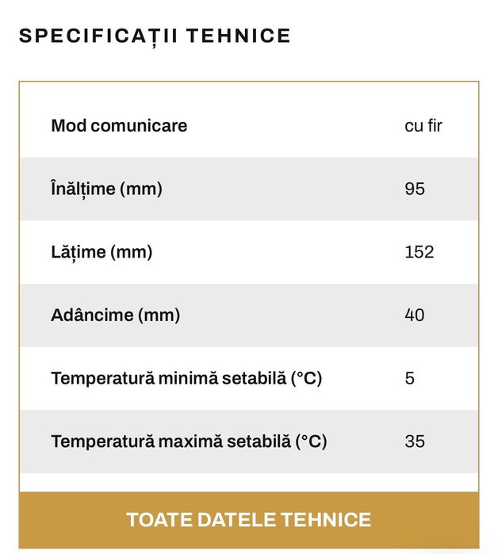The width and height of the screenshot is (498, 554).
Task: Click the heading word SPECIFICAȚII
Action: tap(90, 36)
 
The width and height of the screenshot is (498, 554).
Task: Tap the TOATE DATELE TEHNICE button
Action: tap(248, 520)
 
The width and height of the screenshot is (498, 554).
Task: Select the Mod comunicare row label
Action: tap(119, 125)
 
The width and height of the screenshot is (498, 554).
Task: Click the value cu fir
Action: tap(423, 125)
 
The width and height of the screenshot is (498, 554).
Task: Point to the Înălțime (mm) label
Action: tap(106, 189)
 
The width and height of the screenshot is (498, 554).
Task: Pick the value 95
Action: tap(414, 189)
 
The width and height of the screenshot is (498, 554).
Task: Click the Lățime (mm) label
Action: tap(102, 252)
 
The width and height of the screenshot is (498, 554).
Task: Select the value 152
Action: tap(419, 252)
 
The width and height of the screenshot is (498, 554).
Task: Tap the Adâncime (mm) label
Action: tap(115, 315)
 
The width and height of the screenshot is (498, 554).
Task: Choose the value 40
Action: tap(414, 315)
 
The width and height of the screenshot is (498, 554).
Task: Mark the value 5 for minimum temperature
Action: tap(409, 378)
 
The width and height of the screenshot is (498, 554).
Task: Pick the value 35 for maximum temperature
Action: tap(414, 441)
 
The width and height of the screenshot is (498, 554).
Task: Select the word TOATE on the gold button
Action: tap(153, 520)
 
